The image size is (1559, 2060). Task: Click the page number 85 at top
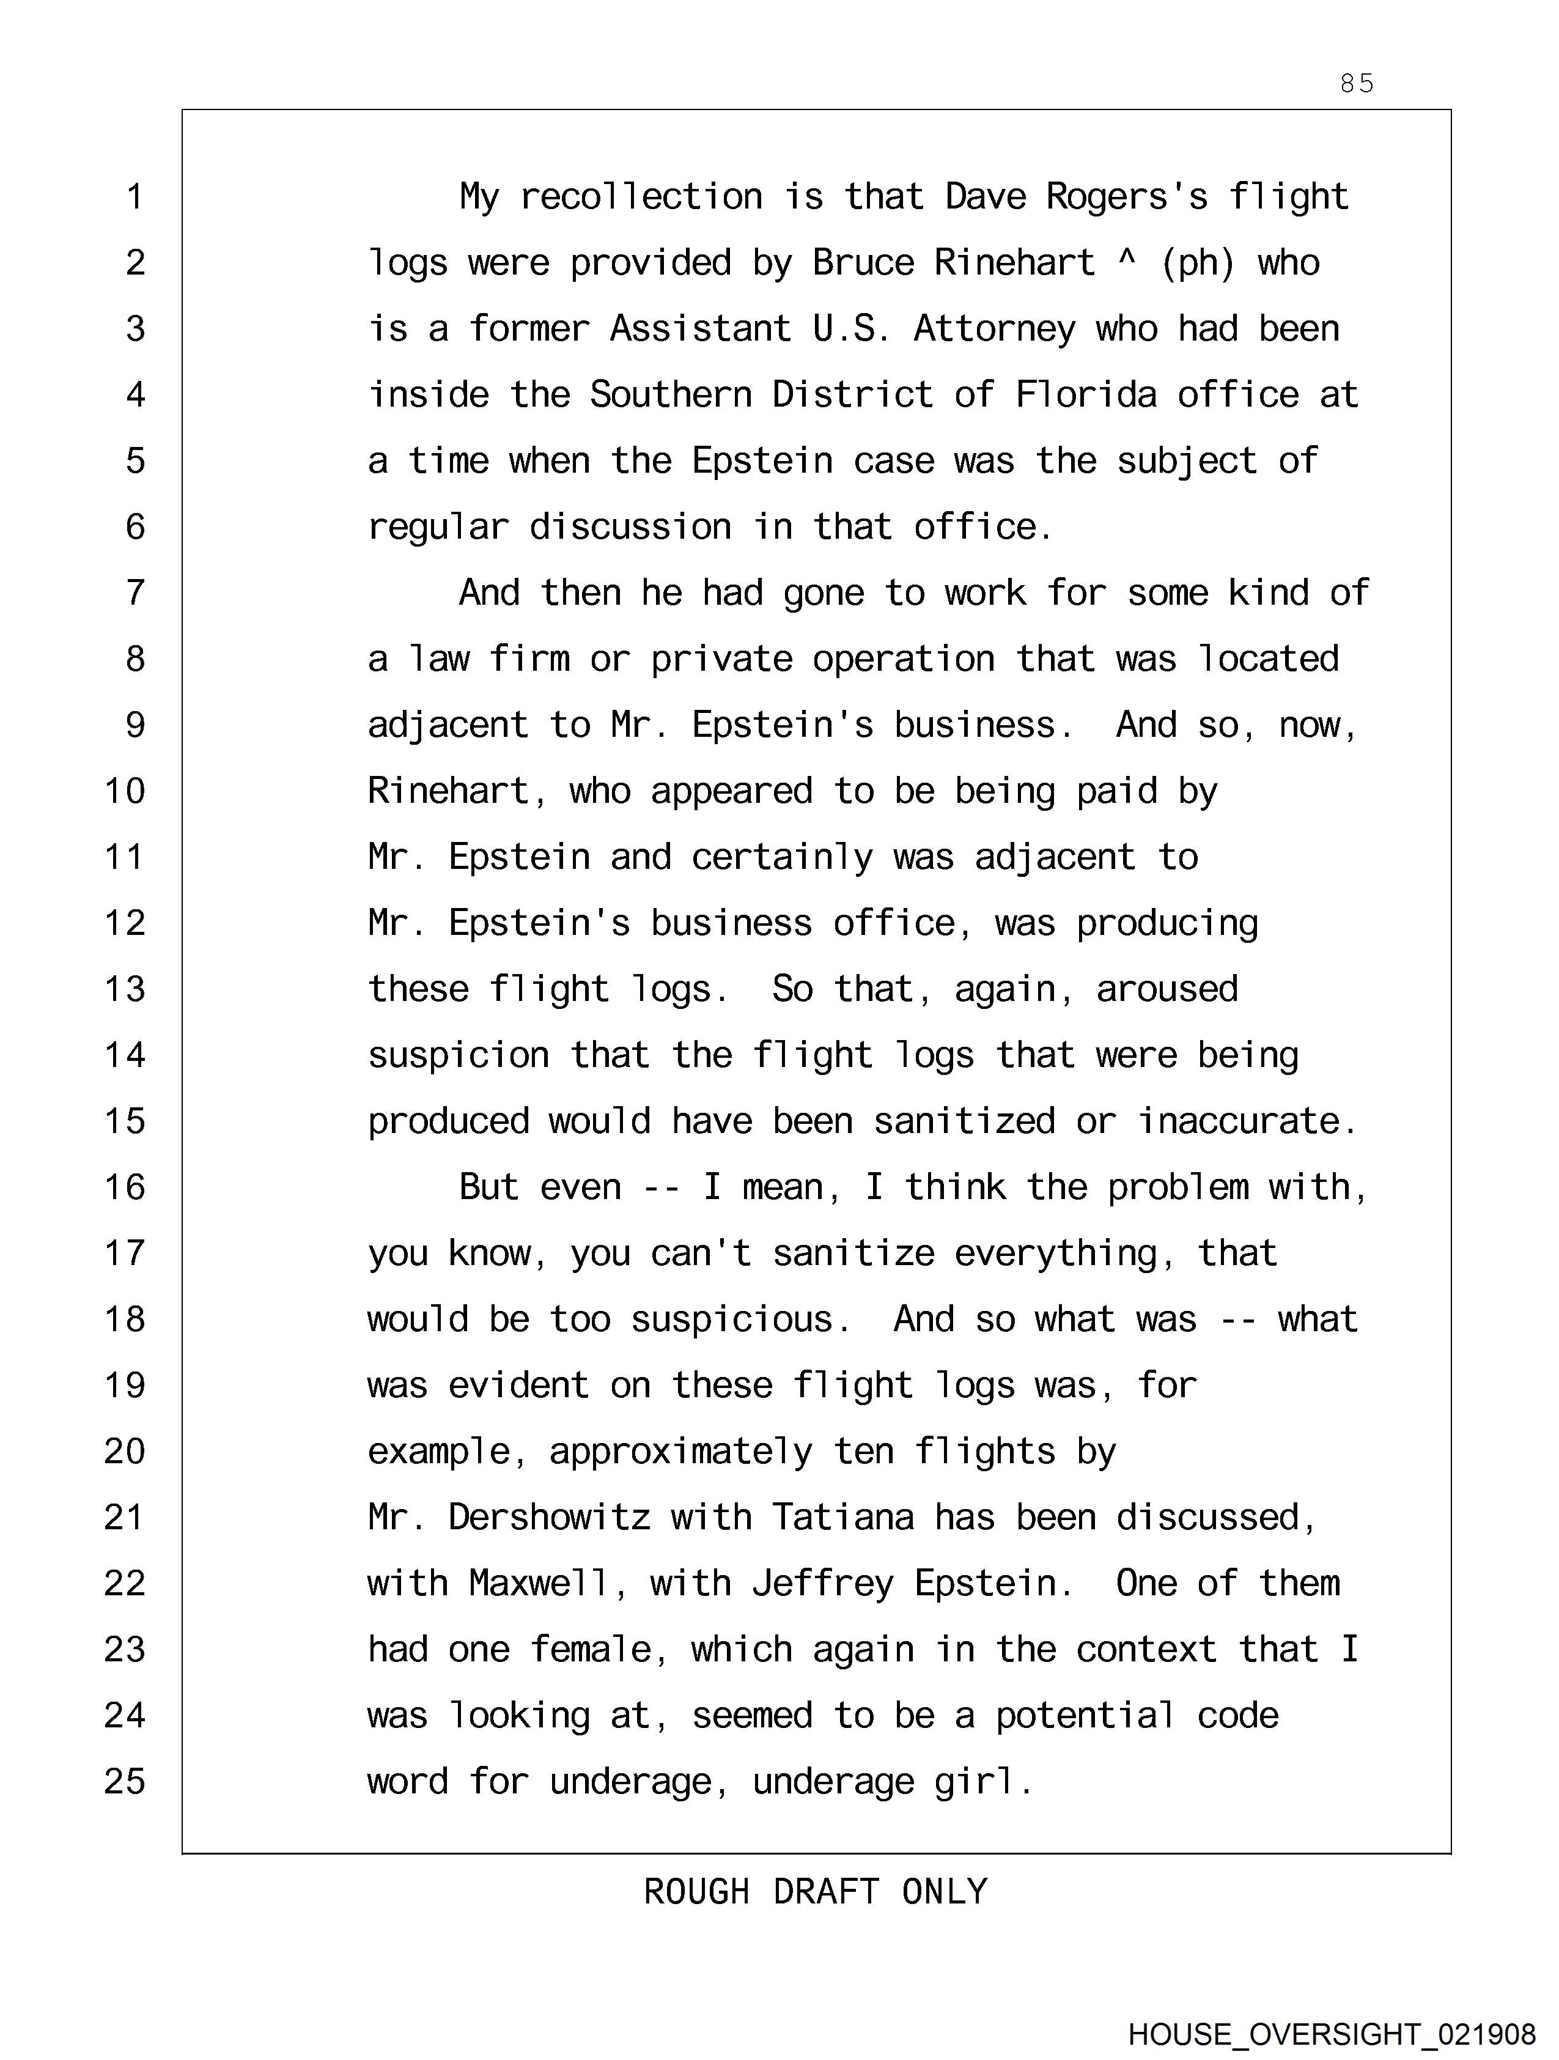coord(1356,84)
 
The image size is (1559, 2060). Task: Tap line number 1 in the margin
coord(135,198)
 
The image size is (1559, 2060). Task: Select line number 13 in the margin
coord(125,989)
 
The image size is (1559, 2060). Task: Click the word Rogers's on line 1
coord(1127,198)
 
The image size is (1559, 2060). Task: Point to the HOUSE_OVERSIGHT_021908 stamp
coord(1332,2034)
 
